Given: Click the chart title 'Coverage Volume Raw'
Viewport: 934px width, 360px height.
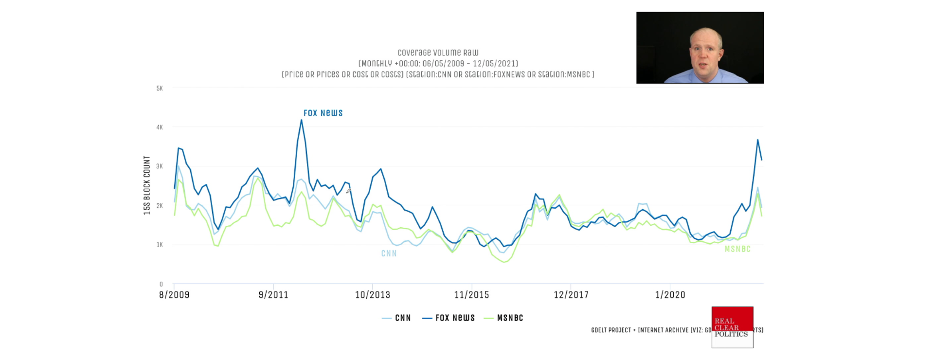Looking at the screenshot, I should [438, 53].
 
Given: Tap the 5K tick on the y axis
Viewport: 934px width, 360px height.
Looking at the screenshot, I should [160, 89].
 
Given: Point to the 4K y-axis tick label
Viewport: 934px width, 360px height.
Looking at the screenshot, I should [160, 127].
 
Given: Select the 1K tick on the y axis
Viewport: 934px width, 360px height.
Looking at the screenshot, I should [160, 245].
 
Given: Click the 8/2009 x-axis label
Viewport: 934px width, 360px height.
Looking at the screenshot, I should [174, 295].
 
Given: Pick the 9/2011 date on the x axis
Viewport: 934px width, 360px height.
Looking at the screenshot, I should [273, 295].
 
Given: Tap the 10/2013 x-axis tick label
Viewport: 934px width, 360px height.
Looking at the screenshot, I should [373, 295].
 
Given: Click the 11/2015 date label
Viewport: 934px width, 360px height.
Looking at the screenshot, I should [472, 295].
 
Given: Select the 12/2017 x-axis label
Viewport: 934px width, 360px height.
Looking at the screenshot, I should [571, 295].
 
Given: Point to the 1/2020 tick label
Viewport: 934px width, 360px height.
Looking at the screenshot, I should [670, 295].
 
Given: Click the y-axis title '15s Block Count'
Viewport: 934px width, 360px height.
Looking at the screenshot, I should [147, 185].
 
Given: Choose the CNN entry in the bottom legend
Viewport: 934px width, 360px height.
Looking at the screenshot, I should [397, 318].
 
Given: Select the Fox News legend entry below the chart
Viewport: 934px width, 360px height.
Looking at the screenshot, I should [449, 318].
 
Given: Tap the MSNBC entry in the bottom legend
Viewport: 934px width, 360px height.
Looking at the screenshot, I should [503, 318].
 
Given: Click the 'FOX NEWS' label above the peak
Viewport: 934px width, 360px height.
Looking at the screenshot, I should [323, 113].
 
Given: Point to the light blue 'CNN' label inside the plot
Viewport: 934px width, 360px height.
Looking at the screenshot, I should [389, 253].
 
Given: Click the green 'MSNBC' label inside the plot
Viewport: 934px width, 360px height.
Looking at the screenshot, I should [737, 249].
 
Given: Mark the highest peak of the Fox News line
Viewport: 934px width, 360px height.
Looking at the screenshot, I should [302, 120].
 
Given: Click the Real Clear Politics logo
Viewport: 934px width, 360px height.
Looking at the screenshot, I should [732, 327].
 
